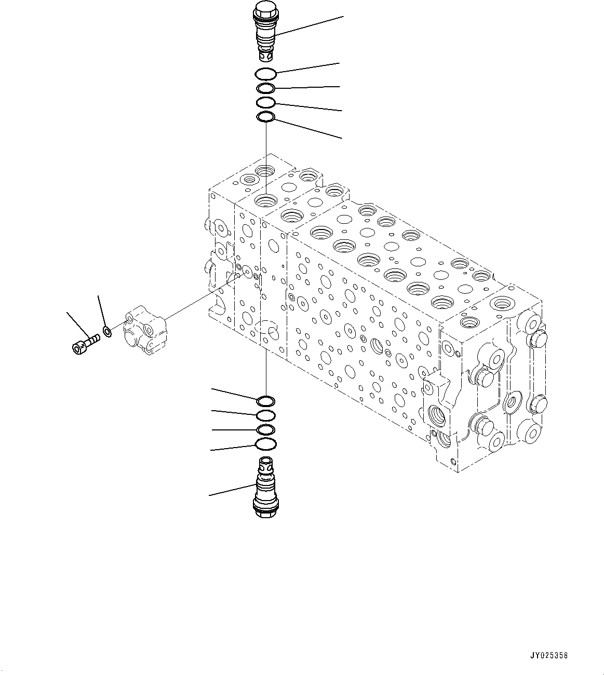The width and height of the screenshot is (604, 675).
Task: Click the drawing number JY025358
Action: (550, 655)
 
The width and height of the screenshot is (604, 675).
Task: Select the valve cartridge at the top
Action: (265, 31)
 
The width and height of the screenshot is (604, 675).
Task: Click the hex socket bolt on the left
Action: (85, 344)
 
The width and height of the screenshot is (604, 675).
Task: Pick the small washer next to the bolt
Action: (107, 331)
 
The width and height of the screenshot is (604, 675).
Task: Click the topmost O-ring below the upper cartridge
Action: (265, 74)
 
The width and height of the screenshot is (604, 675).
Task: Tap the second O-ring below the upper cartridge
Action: (265, 88)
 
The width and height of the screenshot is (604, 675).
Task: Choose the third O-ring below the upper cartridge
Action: (265, 102)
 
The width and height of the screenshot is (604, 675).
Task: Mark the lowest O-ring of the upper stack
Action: (266, 117)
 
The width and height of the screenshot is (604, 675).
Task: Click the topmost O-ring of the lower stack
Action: (266, 401)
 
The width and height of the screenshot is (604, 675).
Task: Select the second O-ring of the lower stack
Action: (266, 415)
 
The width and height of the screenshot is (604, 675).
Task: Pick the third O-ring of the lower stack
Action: (266, 429)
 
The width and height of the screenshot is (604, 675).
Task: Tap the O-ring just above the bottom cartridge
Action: (266, 444)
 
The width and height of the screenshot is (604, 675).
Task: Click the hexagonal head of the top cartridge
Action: (265, 9)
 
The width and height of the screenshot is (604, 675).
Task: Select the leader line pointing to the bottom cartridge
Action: (231, 490)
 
